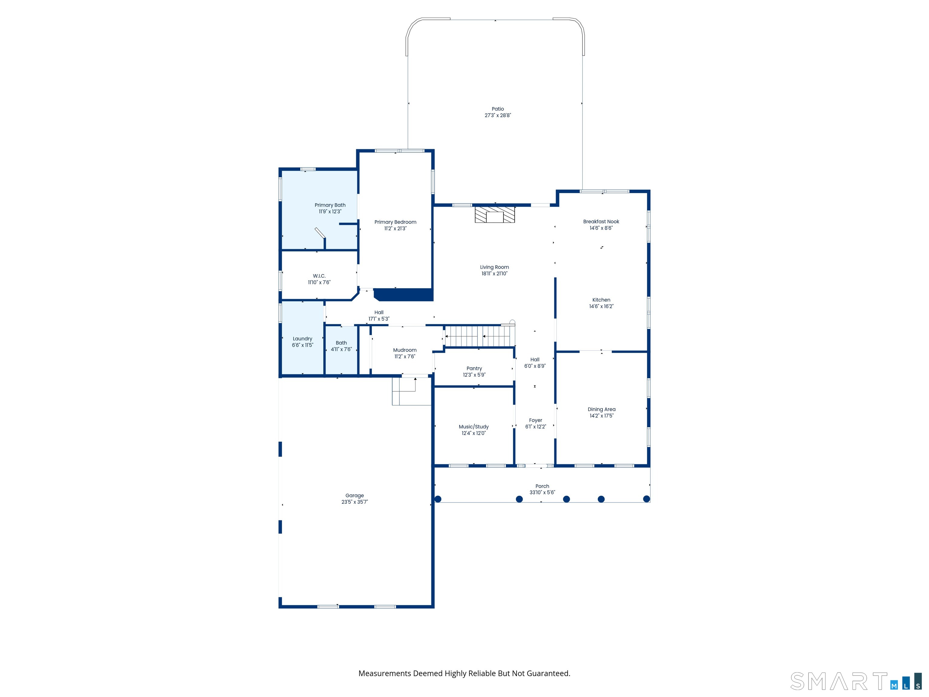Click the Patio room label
[x=498, y=109]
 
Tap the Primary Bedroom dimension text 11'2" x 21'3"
[x=395, y=229]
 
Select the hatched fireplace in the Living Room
[x=495, y=214]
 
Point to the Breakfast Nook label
[x=601, y=221]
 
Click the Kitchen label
[x=601, y=300]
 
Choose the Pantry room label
[x=474, y=368]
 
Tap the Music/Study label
[x=474, y=427]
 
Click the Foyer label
[x=536, y=420]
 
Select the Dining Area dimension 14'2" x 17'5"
[x=601, y=416]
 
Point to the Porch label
[x=542, y=486]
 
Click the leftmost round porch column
[x=438, y=499]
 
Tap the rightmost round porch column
[x=647, y=499]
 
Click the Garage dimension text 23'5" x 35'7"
[x=354, y=502]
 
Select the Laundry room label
[x=302, y=339]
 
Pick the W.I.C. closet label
[x=319, y=276]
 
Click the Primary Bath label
[x=330, y=205]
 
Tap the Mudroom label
[x=405, y=350]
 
